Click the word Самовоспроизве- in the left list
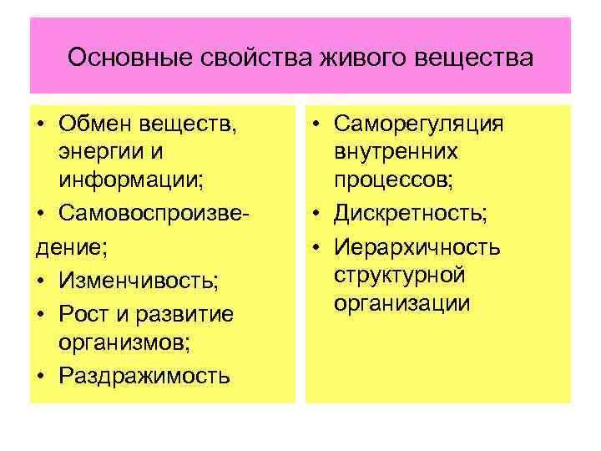(155, 207)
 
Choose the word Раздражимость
(144, 375)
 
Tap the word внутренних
(395, 152)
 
